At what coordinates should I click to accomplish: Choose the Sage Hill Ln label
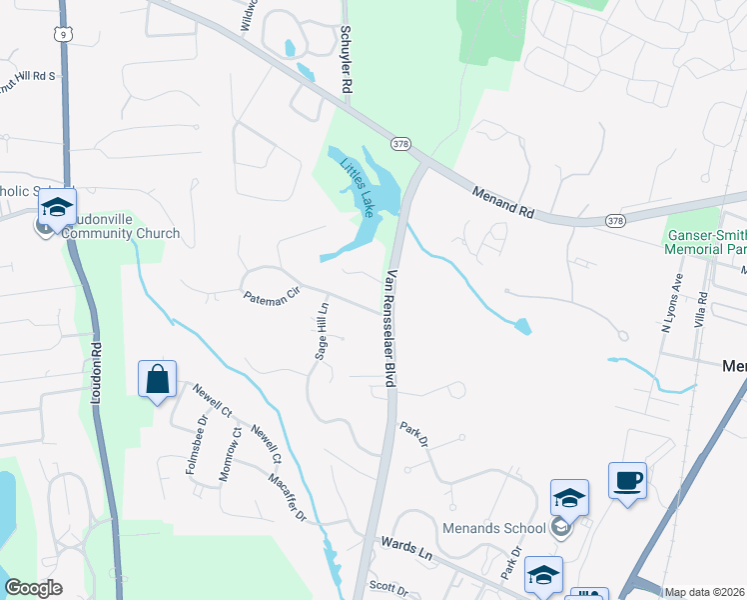point(322,330)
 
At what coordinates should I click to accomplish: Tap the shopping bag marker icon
point(157,379)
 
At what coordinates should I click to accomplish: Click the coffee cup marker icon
point(627,481)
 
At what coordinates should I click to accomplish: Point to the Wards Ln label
point(408,549)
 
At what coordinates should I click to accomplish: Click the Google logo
point(34,588)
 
